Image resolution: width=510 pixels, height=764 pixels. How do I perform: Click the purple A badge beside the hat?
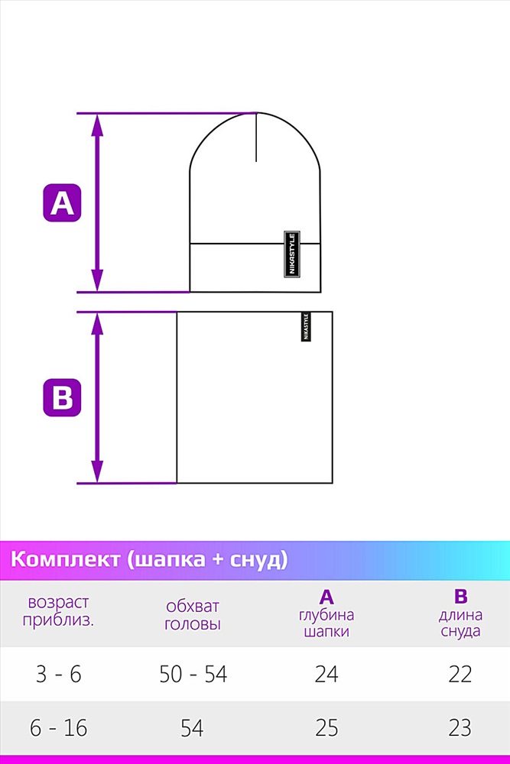tap(62, 202)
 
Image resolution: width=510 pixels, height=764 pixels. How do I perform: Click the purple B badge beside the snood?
tap(62, 397)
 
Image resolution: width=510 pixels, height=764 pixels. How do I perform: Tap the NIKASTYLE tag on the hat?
tap(292, 254)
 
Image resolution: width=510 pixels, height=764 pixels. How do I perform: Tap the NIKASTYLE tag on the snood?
tap(306, 326)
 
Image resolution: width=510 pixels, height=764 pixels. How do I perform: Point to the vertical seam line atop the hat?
tap(256, 137)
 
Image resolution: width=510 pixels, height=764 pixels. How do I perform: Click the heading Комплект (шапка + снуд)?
tap(149, 559)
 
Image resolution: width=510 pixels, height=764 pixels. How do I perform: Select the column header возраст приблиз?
tap(59, 611)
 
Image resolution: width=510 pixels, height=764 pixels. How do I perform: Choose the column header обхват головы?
tap(193, 615)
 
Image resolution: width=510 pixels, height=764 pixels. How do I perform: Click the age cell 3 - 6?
tap(59, 675)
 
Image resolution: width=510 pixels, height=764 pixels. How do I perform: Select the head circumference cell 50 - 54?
tap(193, 675)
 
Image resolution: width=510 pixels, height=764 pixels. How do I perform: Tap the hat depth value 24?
tap(326, 675)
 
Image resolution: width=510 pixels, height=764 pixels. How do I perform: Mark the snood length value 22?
tap(460, 675)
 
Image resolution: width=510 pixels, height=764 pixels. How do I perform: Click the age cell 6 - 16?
tap(59, 728)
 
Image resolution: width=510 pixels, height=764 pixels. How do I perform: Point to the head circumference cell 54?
tap(192, 728)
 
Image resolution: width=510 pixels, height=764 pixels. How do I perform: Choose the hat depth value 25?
tap(326, 728)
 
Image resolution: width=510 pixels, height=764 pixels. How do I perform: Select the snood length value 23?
tap(460, 728)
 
